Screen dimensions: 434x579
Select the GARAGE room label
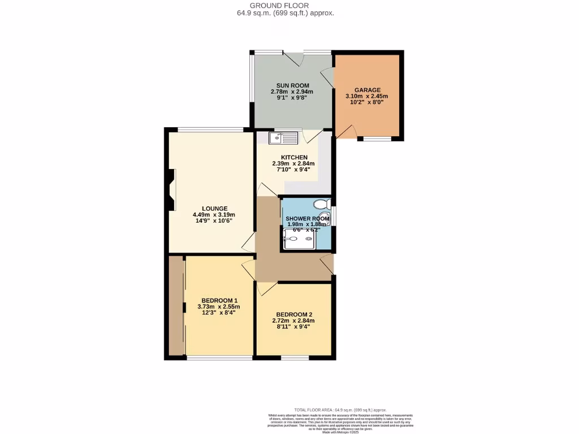pos(367,89)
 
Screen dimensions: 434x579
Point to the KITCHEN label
pos(294,157)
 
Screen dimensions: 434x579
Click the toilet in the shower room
pos(322,204)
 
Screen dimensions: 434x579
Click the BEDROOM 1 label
pos(219,301)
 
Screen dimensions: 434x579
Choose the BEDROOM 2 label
pos(294,315)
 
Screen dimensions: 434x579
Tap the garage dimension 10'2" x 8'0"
pos(367,103)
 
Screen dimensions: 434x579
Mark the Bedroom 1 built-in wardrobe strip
pos(176,306)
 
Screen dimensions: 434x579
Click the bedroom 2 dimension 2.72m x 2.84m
pos(294,321)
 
